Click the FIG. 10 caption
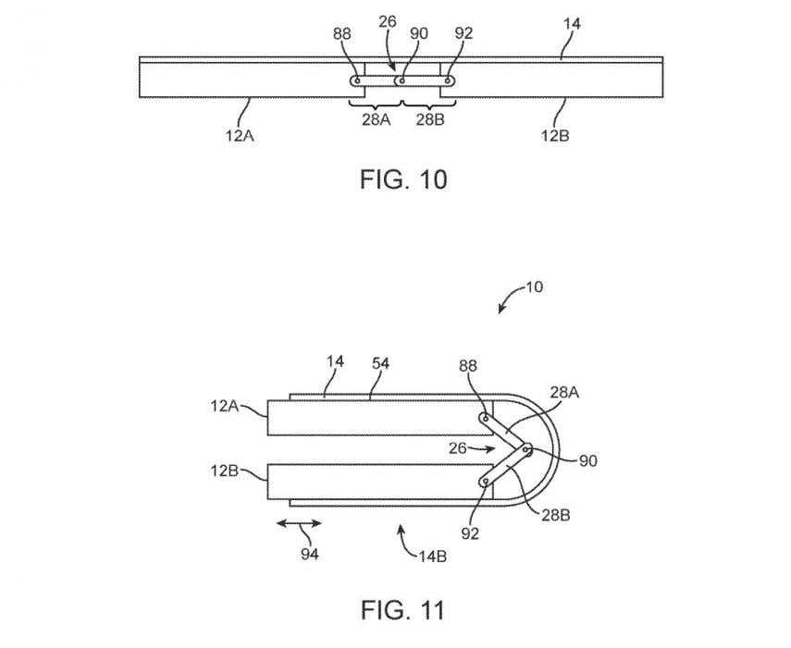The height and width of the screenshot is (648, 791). click(x=402, y=178)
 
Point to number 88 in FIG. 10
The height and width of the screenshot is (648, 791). click(x=343, y=35)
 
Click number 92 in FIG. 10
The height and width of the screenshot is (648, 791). click(x=464, y=35)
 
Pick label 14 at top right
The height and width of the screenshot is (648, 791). click(x=572, y=25)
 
